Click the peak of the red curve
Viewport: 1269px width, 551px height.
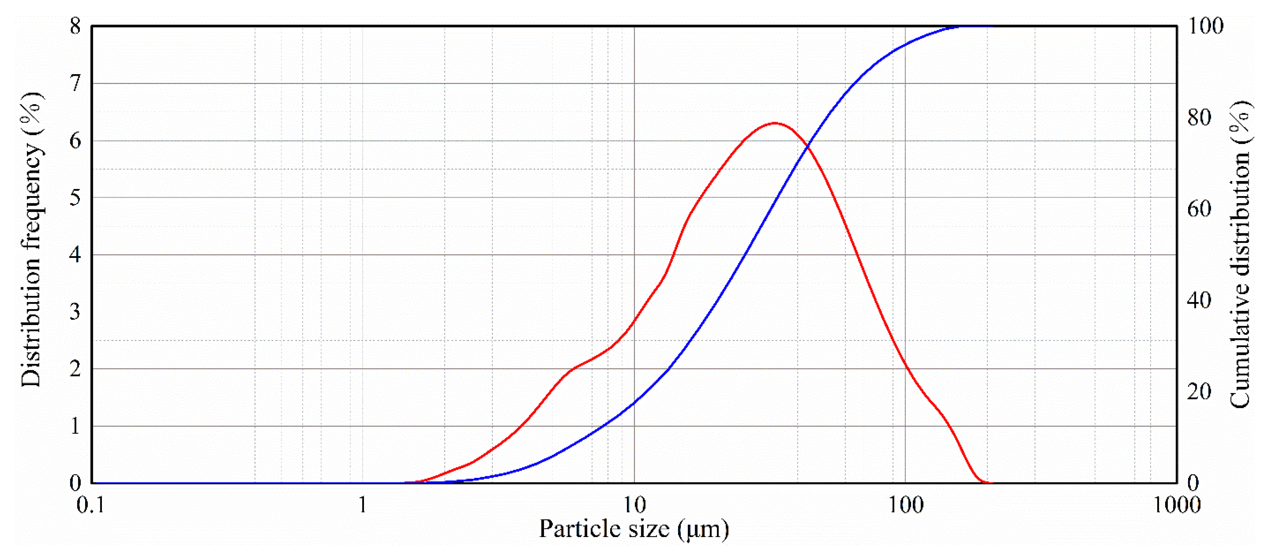click(x=775, y=123)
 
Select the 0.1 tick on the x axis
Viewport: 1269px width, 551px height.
click(x=91, y=505)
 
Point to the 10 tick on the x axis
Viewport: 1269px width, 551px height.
click(x=634, y=505)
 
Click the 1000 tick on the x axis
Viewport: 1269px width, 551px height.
click(x=1177, y=505)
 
